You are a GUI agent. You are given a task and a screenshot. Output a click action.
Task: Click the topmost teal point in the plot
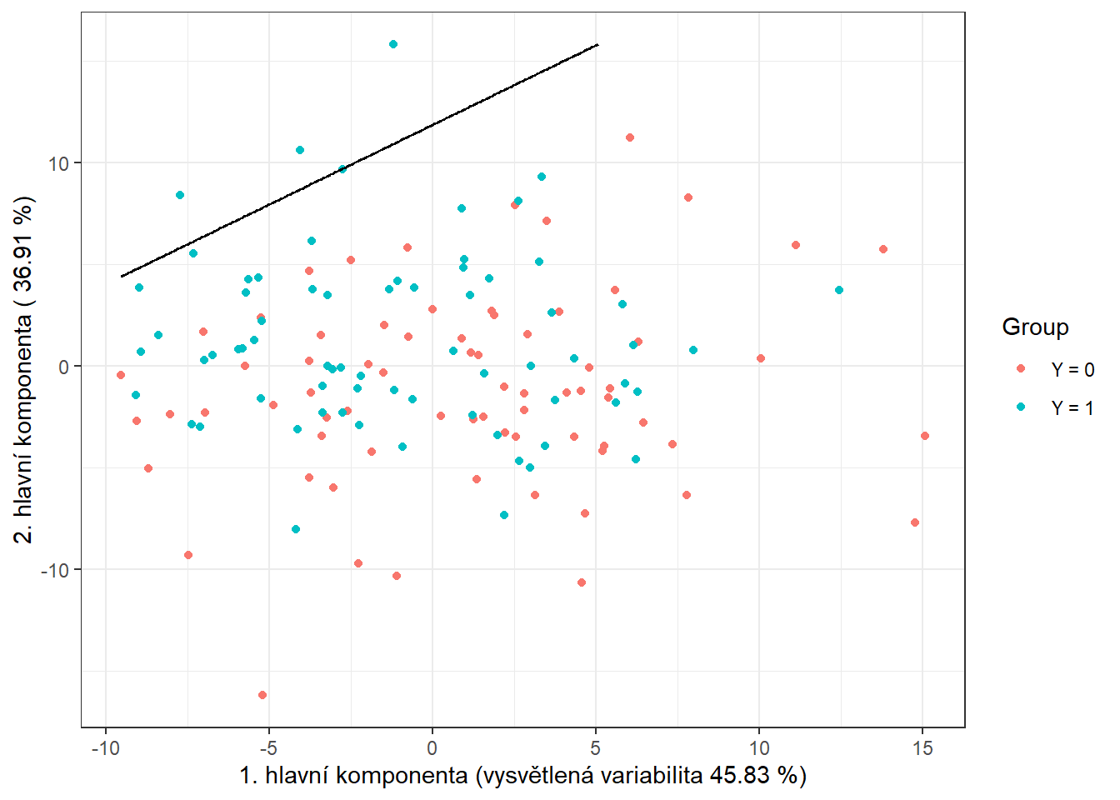(393, 44)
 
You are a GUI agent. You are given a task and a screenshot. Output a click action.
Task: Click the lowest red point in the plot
(262, 695)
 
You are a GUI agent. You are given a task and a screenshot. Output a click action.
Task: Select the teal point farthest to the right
(839, 290)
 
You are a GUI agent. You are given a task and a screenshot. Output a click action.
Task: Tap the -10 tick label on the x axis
(105, 748)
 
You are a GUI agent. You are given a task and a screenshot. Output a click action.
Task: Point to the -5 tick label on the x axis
(268, 748)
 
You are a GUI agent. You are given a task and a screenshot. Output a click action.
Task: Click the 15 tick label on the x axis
(922, 748)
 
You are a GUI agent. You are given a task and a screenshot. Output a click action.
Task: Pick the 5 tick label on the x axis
(596, 748)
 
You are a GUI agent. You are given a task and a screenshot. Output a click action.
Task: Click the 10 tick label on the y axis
(59, 163)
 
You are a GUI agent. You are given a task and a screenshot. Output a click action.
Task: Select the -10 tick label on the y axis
(56, 570)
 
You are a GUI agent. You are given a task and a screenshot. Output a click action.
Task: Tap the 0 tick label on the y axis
(64, 367)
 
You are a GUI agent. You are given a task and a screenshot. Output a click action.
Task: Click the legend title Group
(1035, 327)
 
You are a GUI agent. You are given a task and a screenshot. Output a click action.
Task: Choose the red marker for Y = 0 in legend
(1021, 368)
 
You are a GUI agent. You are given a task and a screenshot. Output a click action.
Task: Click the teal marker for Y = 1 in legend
(1021, 407)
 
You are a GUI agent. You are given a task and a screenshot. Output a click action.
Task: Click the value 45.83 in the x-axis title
(739, 776)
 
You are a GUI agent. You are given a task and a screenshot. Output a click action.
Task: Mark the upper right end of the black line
(597, 44)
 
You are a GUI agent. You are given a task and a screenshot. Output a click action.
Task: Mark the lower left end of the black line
(122, 276)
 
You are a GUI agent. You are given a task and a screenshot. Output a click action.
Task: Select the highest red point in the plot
(630, 137)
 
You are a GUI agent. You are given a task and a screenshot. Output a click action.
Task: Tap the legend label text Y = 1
(1072, 407)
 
